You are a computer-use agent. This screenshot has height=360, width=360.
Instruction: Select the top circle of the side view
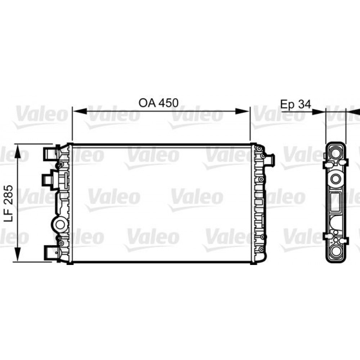point(336,153)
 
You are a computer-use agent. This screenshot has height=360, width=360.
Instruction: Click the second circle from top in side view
point(336,178)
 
